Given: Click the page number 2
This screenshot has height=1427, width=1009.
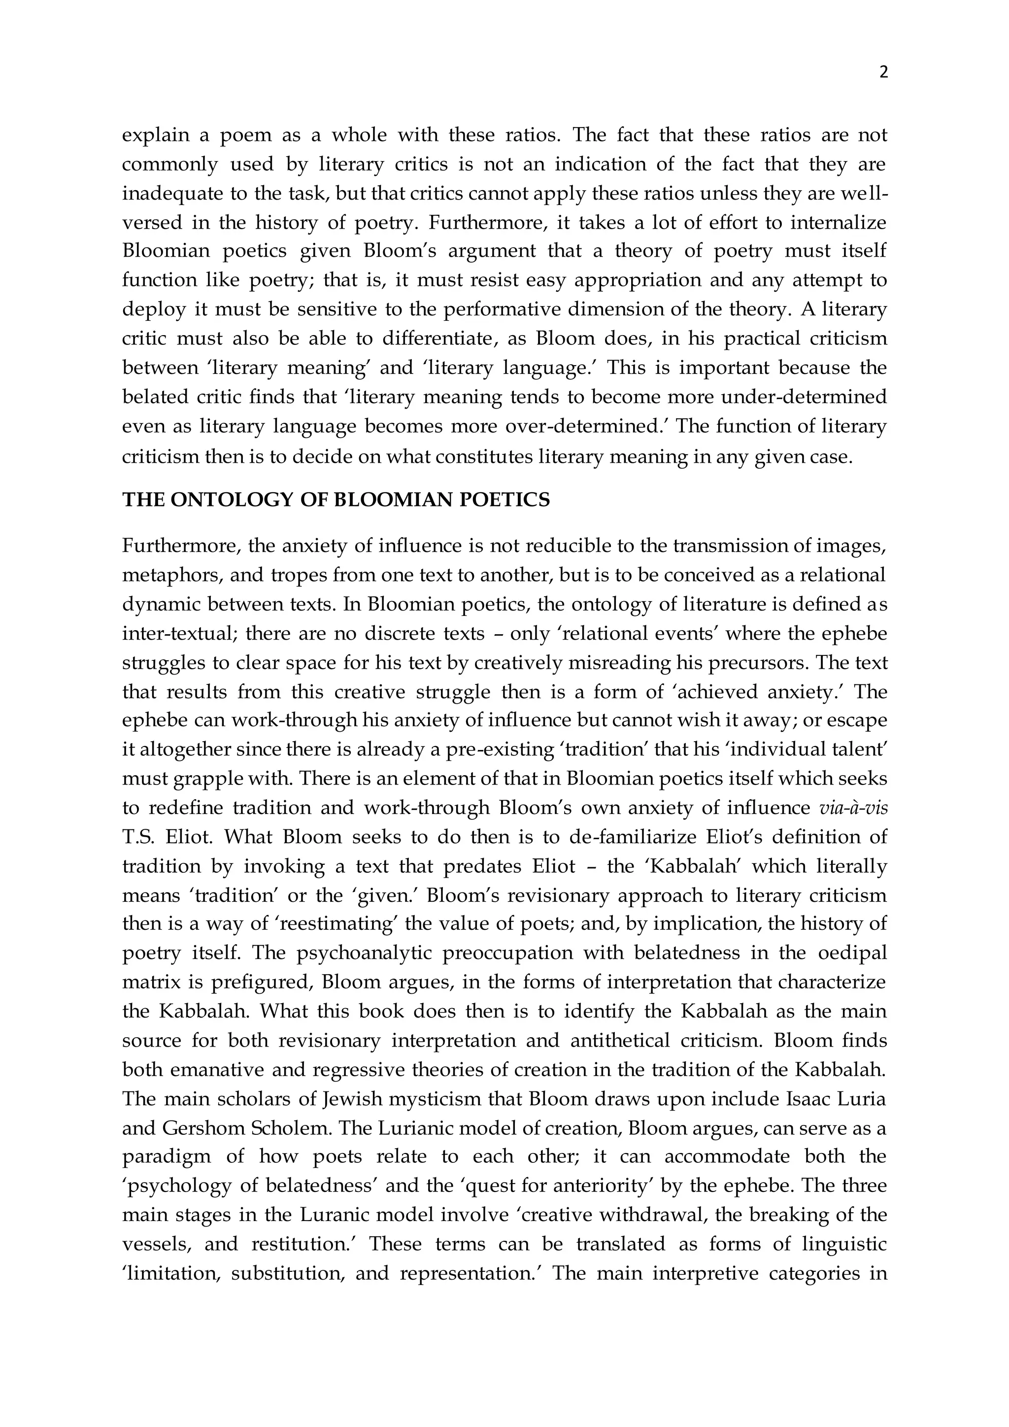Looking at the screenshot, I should (x=883, y=73).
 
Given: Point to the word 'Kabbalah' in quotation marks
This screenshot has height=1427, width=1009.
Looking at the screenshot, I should (x=691, y=866).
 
